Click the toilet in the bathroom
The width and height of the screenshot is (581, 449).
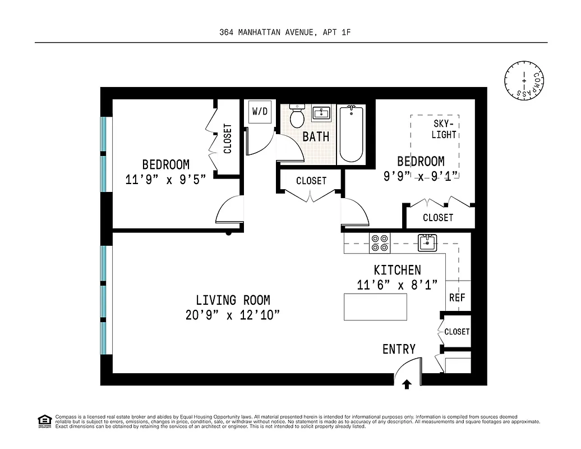click(297, 117)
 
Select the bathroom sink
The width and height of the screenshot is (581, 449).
click(321, 113)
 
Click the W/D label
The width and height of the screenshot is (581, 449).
click(260, 111)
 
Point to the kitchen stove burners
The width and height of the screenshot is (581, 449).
click(380, 242)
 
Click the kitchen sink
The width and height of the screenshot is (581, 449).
click(427, 242)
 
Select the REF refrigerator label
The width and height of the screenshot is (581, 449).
click(457, 297)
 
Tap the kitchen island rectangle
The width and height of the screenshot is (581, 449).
click(375, 306)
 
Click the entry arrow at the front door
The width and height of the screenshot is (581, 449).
click(407, 384)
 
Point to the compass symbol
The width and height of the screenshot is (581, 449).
click(524, 80)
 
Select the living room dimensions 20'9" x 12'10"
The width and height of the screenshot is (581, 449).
click(233, 315)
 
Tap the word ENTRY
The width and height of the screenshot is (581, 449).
click(399, 349)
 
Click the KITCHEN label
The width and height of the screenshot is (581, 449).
click(397, 271)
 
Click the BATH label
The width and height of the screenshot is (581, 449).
click(316, 136)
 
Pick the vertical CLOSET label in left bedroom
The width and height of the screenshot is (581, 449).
click(228, 139)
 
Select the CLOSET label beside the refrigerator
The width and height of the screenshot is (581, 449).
click(457, 332)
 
